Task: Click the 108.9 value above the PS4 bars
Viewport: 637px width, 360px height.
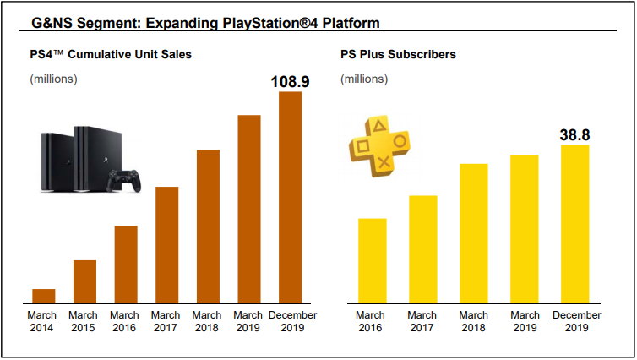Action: (290, 82)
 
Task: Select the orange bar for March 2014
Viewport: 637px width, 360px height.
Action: (43, 296)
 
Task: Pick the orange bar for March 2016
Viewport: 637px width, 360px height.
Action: (126, 264)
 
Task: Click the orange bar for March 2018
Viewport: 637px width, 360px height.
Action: (208, 226)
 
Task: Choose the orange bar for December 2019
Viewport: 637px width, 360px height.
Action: (290, 197)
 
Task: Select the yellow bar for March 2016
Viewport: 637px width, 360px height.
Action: (372, 260)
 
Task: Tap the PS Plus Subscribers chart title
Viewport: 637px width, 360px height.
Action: (398, 55)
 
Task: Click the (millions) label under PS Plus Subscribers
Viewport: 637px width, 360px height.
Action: (364, 79)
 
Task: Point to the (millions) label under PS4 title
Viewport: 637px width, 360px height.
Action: (53, 79)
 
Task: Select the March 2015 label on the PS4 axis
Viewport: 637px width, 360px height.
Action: (84, 321)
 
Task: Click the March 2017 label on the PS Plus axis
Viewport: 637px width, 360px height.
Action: (422, 321)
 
